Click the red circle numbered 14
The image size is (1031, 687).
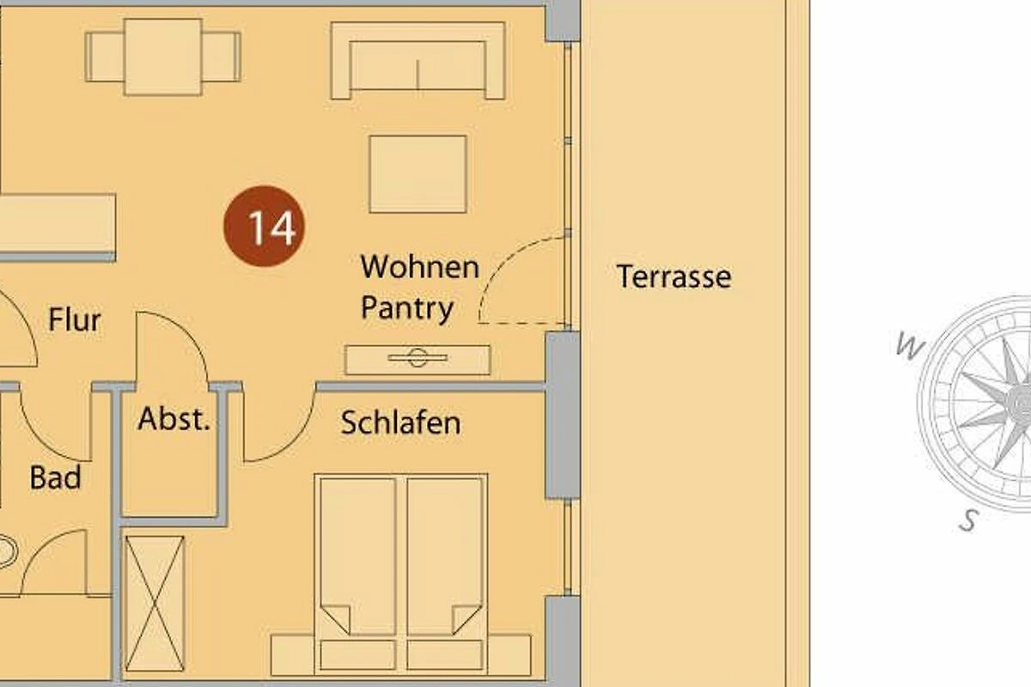264,227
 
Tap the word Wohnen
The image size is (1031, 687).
420,266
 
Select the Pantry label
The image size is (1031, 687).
407,309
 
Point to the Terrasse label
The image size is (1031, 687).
674,277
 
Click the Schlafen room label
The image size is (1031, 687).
401,423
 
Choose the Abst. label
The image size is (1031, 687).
174,419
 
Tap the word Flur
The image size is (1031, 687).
75,319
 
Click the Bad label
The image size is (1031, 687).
55,477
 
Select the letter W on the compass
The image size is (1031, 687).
910,345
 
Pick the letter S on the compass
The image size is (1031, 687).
968,520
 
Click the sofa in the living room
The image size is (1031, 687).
418,60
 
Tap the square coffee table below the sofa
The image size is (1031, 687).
418,174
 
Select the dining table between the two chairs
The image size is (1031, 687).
163,57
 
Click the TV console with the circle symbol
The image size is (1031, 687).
418,360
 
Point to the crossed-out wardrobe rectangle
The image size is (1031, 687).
155,603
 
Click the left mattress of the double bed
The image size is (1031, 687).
358,556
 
